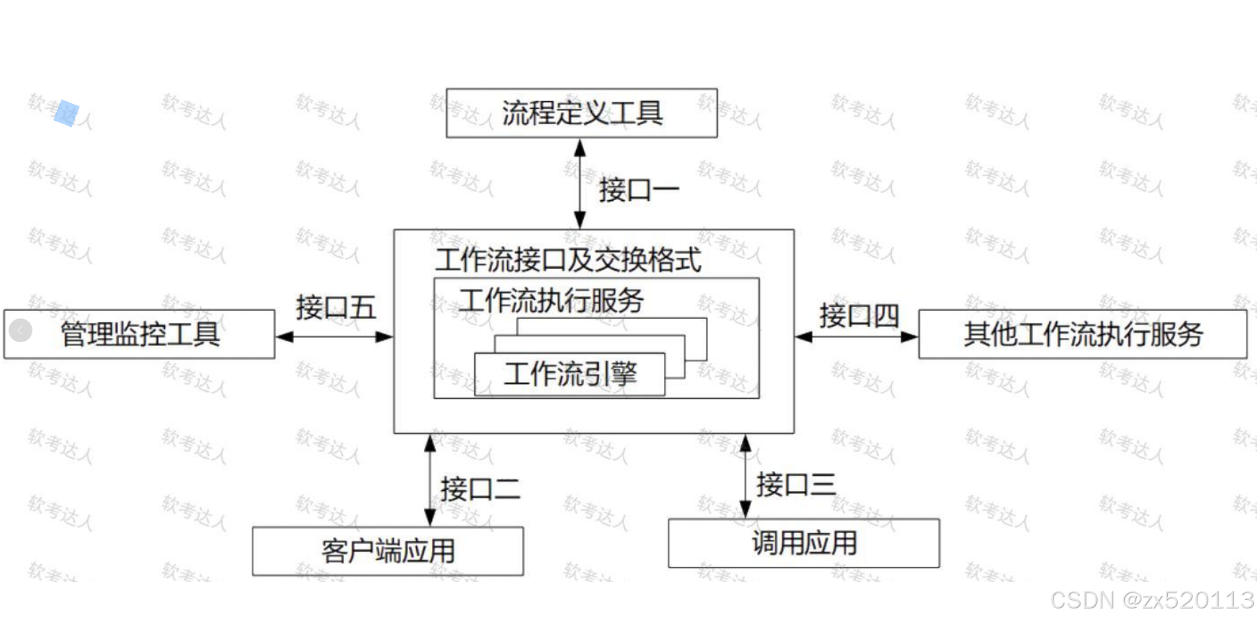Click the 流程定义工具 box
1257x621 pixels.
point(581,113)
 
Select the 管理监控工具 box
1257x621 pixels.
point(139,334)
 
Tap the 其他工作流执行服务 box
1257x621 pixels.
point(1082,334)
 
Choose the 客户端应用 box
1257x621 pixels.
point(388,551)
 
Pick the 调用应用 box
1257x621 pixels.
point(803,543)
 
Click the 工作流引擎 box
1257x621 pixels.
point(569,375)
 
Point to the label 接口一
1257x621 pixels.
point(639,191)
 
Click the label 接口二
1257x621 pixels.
point(480,490)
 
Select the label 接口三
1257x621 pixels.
point(795,485)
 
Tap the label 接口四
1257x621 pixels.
point(859,315)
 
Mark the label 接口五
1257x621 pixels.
point(336,308)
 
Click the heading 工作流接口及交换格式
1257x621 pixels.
point(568,260)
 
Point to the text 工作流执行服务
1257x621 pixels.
point(552,301)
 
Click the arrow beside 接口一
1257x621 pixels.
point(579,184)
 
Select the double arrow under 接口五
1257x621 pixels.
point(334,337)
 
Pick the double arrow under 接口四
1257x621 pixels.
point(856,337)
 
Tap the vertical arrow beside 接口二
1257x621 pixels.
point(430,480)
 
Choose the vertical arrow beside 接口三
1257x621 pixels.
point(745,476)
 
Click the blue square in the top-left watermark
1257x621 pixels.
point(66,113)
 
